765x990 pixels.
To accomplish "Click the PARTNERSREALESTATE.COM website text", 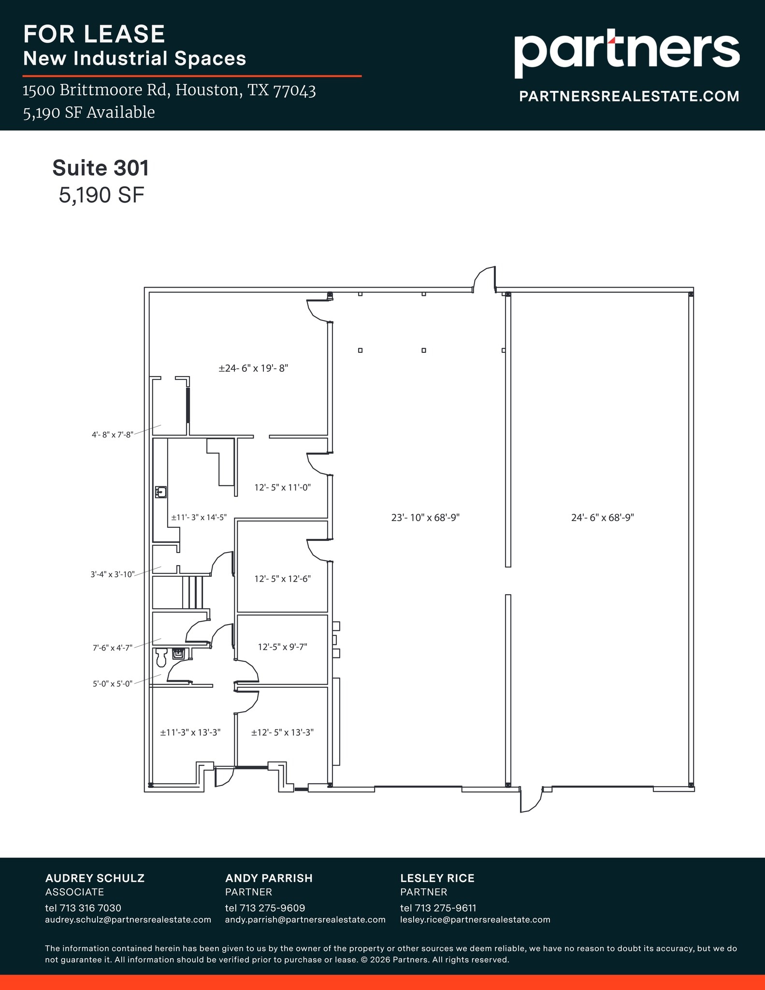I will (629, 96).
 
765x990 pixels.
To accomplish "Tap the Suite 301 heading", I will (101, 168).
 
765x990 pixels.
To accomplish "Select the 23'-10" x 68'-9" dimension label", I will (425, 518).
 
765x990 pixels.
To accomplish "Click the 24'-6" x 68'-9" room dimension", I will (602, 518).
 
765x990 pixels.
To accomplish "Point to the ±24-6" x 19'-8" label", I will (253, 368).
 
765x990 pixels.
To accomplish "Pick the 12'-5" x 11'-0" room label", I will (282, 487).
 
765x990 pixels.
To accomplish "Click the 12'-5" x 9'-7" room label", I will (282, 647).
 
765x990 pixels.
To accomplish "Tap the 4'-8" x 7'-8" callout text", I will (112, 435).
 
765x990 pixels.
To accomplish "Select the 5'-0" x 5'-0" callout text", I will (113, 684).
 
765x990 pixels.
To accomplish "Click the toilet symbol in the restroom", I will (161, 656).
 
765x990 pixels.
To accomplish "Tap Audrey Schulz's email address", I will (128, 919).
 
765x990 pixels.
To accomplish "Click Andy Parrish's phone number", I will (265, 908).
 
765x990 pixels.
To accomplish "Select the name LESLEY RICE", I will (437, 878).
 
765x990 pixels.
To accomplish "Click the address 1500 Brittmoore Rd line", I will (169, 90).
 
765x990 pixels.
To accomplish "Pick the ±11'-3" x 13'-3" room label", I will (190, 732).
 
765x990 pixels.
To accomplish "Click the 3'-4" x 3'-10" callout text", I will (112, 575).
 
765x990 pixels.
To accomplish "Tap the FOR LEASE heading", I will (94, 34).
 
